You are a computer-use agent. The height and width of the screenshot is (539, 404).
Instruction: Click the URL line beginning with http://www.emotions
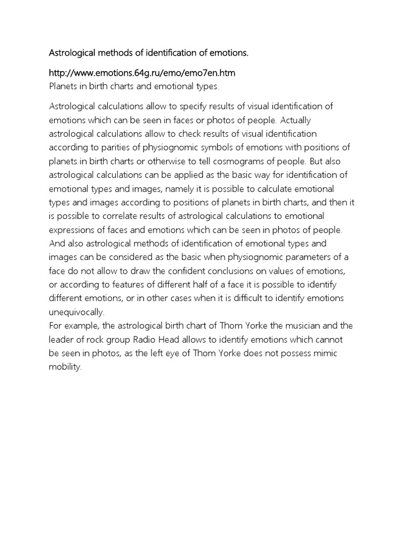(x=139, y=72)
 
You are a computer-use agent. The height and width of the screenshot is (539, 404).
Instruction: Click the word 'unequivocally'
(x=76, y=312)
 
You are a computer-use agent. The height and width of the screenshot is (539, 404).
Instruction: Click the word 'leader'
(x=62, y=339)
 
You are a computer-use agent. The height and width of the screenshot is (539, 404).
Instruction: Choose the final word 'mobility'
(x=65, y=366)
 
